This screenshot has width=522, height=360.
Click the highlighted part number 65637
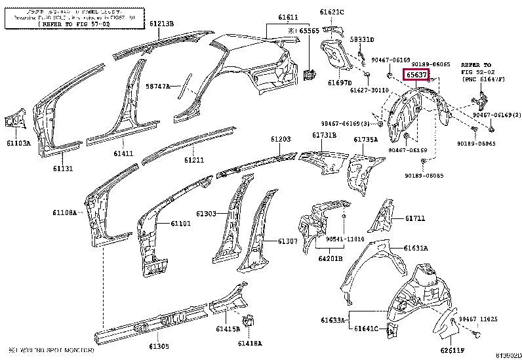tap(416, 75)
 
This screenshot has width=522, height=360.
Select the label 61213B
tap(161, 24)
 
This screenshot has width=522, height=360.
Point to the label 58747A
tap(157, 86)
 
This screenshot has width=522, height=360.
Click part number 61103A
tap(18, 142)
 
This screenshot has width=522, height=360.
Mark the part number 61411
tap(123, 153)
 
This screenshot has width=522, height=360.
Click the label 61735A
tap(366, 140)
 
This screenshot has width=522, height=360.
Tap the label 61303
tap(206, 214)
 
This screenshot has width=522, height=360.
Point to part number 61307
tap(287, 241)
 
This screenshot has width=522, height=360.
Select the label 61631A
tap(416, 248)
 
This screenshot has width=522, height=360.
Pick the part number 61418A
tap(250, 343)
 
